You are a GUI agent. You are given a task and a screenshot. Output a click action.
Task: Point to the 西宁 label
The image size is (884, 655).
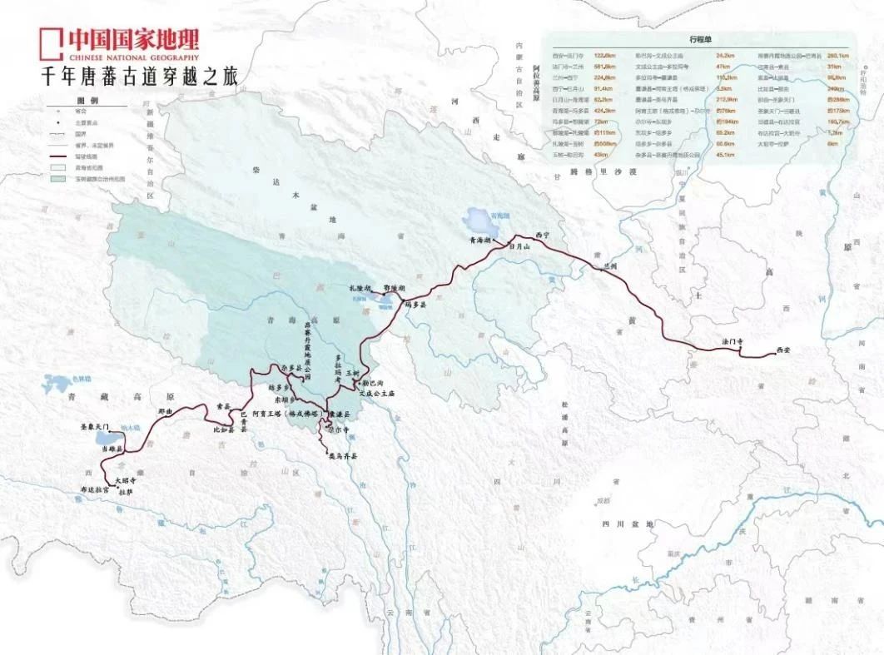tap(544, 235)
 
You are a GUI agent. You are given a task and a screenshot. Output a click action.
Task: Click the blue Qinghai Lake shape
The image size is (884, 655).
tap(482, 221)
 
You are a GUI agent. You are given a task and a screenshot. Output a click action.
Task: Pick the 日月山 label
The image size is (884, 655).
tap(519, 247)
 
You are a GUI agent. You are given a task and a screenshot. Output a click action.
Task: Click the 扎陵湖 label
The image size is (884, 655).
tap(359, 287)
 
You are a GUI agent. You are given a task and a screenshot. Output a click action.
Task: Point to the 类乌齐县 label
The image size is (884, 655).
tap(341, 456)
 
